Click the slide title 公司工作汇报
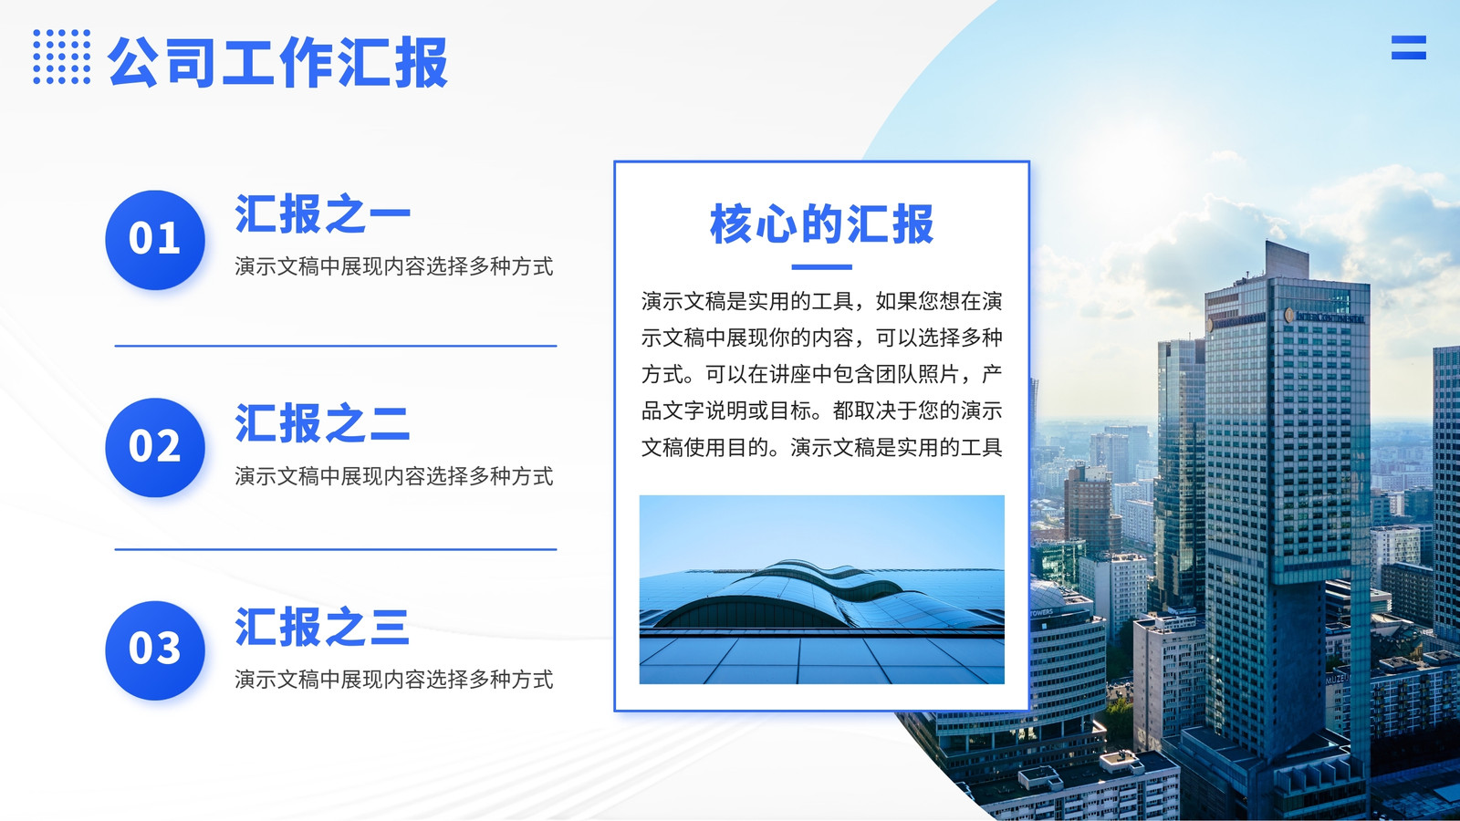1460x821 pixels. pyautogui.click(x=278, y=62)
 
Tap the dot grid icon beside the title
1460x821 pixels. pyautogui.click(x=62, y=57)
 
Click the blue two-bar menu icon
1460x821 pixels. pyautogui.click(x=1409, y=47)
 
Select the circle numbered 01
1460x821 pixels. pyautogui.click(x=155, y=240)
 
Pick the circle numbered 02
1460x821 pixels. pyautogui.click(x=155, y=448)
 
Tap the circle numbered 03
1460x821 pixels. pyautogui.click(x=155, y=650)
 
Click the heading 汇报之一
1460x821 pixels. pyautogui.click(x=323, y=213)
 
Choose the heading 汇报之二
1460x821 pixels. pyautogui.click(x=323, y=423)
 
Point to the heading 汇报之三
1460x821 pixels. pyautogui.click(x=323, y=626)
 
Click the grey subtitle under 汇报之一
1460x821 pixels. pyautogui.click(x=393, y=266)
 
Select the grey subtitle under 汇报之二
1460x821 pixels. pyautogui.click(x=393, y=476)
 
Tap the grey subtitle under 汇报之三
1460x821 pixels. pyautogui.click(x=393, y=680)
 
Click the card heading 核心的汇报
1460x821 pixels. pyautogui.click(x=822, y=224)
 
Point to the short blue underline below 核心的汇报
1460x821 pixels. pyautogui.click(x=822, y=267)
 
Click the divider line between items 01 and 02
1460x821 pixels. pyautogui.click(x=336, y=346)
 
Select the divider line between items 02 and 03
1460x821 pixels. pyautogui.click(x=336, y=549)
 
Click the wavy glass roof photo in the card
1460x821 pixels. pyautogui.click(x=822, y=589)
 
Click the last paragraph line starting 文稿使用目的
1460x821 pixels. pyautogui.click(x=822, y=448)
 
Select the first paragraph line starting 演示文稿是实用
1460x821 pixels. pyautogui.click(x=822, y=301)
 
